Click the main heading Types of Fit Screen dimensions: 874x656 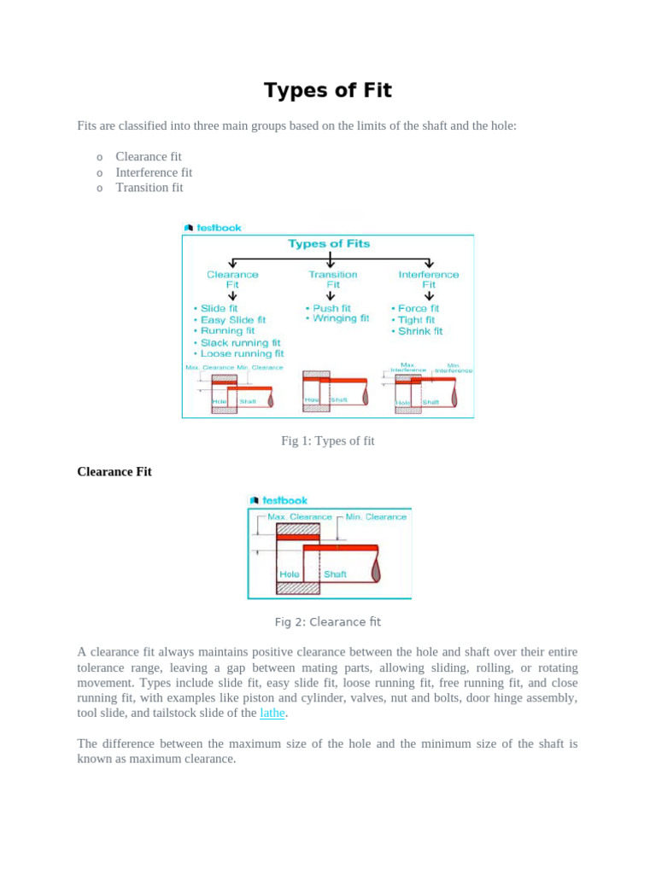[328, 90]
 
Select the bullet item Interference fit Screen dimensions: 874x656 [154, 172]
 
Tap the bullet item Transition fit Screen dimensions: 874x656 [149, 188]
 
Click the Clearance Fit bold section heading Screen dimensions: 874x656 [114, 471]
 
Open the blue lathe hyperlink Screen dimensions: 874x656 [272, 713]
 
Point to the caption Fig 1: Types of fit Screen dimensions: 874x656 [328, 441]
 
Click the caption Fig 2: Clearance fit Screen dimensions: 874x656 [328, 622]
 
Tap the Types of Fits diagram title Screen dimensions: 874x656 [329, 244]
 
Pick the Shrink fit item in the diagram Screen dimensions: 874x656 [419, 331]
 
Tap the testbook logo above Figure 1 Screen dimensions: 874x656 [214, 228]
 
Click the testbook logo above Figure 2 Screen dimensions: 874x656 [278, 500]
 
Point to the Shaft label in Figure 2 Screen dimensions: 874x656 [335, 574]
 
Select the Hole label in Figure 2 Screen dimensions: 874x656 [290, 574]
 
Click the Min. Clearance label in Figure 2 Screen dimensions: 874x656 [376, 517]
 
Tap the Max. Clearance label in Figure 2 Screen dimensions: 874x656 [299, 517]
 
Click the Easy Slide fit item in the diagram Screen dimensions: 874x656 [232, 320]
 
